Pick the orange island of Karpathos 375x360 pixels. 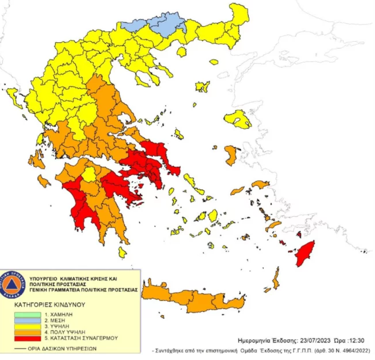point(276,279)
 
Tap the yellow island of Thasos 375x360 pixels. point(181,52)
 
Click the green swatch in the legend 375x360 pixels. point(27,315)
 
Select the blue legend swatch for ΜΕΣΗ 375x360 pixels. point(27,321)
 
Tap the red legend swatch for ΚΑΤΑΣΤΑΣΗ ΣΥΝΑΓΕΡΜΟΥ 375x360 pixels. point(27,338)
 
